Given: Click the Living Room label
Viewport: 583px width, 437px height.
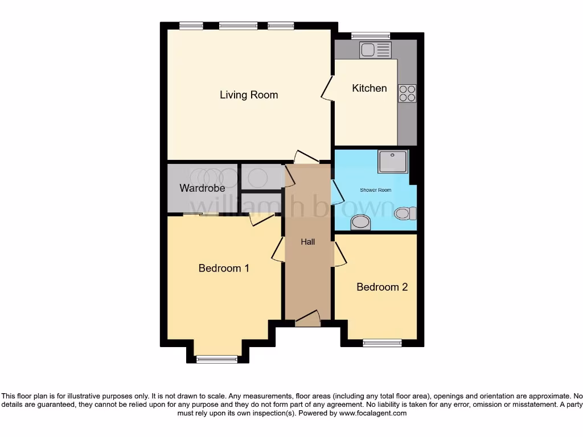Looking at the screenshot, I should [249, 94].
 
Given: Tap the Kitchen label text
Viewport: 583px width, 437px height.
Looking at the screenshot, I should [369, 88].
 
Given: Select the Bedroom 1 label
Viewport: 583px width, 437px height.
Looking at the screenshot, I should [224, 268].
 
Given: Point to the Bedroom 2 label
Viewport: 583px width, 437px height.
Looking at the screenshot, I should [382, 287].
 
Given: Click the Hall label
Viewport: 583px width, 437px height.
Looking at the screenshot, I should [308, 242].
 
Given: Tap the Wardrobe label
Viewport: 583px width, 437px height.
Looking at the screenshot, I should [202, 188].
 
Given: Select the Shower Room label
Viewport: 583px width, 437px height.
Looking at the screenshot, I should [375, 190].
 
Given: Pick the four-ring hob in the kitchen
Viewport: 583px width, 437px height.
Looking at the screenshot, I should [407, 93].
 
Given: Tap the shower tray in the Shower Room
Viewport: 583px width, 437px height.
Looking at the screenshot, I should [393, 162].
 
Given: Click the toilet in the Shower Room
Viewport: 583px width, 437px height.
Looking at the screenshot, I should [405, 213].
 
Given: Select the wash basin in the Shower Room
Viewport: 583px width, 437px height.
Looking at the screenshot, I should [360, 222].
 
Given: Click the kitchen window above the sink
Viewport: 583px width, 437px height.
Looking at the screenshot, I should [367, 36].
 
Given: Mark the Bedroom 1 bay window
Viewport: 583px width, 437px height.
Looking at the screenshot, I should [216, 359].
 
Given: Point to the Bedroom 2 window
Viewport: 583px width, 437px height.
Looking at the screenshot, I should [382, 343].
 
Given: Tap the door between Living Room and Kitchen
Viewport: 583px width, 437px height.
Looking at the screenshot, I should [328, 88].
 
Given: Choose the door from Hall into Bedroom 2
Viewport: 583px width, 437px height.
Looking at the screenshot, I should [339, 253].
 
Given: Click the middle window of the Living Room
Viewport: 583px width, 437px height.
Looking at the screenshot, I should [238, 25].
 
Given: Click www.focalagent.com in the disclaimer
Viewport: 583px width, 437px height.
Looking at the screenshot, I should [373, 413].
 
